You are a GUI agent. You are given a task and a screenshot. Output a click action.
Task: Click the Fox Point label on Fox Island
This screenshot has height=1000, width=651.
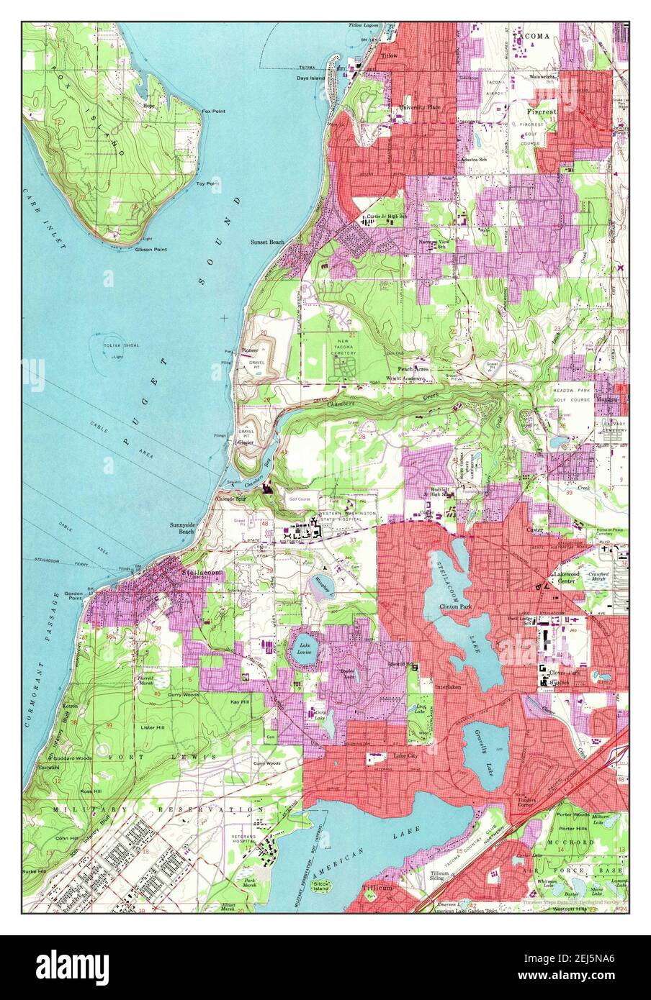(213, 112)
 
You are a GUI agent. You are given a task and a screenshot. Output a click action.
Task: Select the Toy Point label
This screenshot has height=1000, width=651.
(207, 184)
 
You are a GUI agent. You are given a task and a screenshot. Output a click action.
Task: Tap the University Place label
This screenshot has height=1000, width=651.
(421, 107)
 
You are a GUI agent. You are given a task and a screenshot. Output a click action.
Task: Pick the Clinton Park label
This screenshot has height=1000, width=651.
(455, 607)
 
